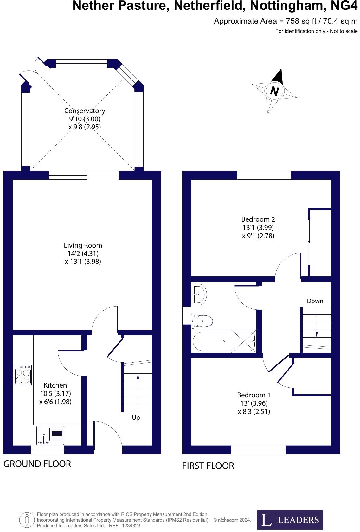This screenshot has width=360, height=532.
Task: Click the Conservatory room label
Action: tap(85, 111)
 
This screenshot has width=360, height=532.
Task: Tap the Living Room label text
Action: tap(83, 245)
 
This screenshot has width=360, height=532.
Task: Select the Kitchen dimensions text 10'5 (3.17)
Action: tap(55, 393)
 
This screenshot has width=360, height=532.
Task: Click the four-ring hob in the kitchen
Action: tap(23, 375)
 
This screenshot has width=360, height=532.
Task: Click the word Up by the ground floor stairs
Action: tap(136, 417)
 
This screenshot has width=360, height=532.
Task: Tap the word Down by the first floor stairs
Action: tap(315, 301)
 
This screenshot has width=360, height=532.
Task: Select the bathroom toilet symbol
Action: tap(202, 321)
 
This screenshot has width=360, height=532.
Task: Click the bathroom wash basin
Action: tap(199, 294)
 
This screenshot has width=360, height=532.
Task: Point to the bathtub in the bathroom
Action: tap(224, 341)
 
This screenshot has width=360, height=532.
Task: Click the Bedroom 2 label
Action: tap(258, 219)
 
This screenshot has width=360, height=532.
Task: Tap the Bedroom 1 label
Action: tap(254, 395)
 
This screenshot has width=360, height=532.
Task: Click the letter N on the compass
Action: tap(274, 91)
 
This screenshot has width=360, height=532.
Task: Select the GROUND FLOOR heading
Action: tap(37, 464)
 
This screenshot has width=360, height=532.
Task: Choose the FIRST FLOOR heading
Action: tap(208, 466)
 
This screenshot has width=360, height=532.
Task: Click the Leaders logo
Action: tap(290, 519)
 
